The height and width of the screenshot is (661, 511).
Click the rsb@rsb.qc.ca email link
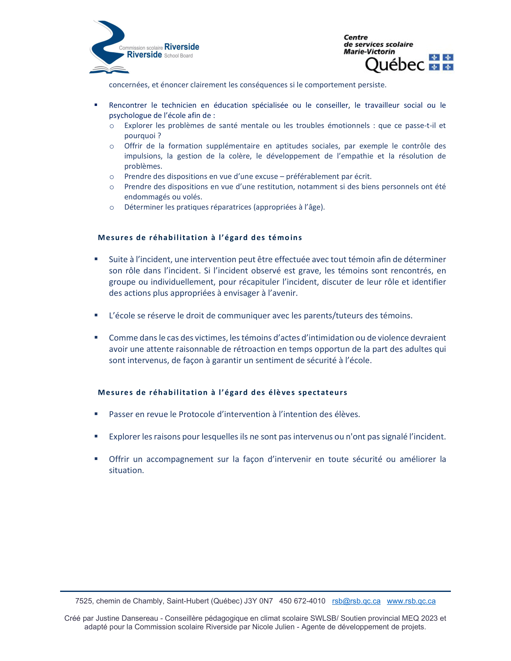tap(356, 601)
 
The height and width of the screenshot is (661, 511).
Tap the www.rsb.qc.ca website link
tap(411, 601)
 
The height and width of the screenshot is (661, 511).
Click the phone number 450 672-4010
tap(302, 601)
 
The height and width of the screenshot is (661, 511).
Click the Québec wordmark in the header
tap(395, 65)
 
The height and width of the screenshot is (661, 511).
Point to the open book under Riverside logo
tap(109, 70)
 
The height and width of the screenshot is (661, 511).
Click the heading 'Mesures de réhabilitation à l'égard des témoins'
tap(200, 238)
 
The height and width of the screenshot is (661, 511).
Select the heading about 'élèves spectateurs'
tap(222, 393)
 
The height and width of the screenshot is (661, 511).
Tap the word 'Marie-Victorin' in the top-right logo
tap(369, 52)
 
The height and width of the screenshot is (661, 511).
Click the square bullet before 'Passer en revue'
tap(96, 414)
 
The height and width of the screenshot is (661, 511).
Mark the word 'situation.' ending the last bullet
tap(126, 470)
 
